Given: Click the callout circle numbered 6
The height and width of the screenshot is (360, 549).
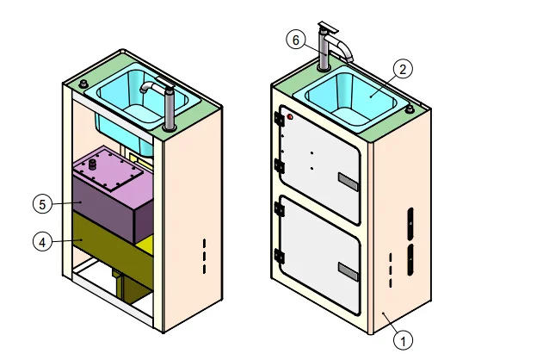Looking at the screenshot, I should click(x=295, y=40).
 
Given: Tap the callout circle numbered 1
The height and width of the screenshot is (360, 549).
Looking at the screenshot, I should click(x=403, y=339).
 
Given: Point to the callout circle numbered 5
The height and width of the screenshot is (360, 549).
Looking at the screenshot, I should click(x=40, y=204).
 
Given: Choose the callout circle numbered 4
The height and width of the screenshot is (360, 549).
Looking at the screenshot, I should click(x=40, y=242).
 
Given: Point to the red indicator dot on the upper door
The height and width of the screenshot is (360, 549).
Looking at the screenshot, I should click(x=290, y=116).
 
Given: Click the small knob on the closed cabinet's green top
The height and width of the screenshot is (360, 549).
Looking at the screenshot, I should click(x=410, y=109).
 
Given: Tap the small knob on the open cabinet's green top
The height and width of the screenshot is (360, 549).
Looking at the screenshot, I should click(x=84, y=84).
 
